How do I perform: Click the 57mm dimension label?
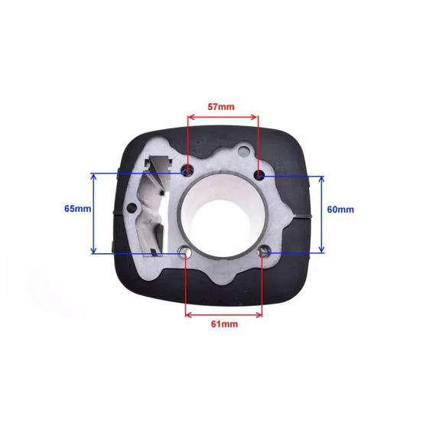(x=221, y=107)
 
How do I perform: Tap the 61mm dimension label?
(x=224, y=324)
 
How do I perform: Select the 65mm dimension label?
(x=77, y=209)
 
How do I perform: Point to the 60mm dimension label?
(x=340, y=209)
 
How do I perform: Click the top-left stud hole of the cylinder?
(x=187, y=171)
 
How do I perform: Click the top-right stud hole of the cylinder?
(x=259, y=174)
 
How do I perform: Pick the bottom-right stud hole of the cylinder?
(x=263, y=252)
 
